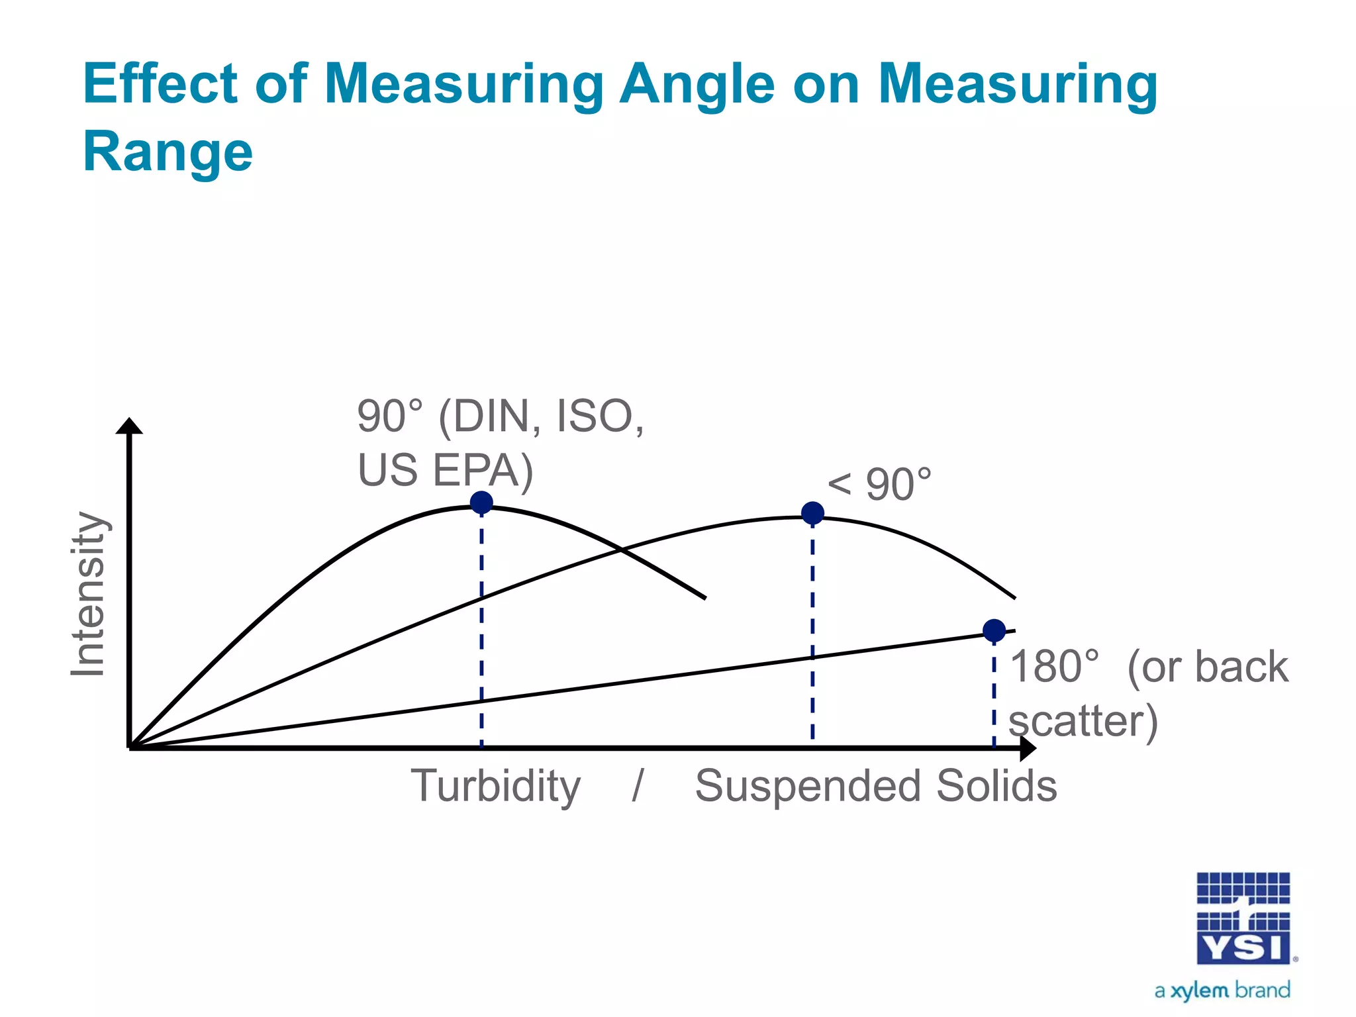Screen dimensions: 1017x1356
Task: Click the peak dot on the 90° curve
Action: [x=481, y=503]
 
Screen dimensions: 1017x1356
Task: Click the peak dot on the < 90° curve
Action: [x=812, y=513]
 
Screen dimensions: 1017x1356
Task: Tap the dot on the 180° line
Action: [x=994, y=630]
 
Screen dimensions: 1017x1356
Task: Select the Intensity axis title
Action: [x=88, y=595]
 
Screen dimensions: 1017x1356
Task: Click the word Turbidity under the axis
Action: [x=495, y=786]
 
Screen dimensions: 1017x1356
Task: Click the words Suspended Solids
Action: [x=875, y=786]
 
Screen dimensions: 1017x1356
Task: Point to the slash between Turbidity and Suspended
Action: [x=638, y=786]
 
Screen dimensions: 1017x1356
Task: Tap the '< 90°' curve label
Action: [x=880, y=485]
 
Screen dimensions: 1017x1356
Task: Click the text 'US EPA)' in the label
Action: [x=445, y=471]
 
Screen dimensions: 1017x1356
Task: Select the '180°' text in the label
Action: [x=1055, y=667]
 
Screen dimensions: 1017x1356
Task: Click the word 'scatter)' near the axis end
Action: [x=1083, y=721]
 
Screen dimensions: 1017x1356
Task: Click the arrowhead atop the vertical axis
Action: [x=129, y=426]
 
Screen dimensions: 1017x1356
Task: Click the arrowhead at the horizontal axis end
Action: [x=1028, y=748]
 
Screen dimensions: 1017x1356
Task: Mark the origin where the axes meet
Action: [x=130, y=748]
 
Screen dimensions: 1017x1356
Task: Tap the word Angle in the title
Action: [x=697, y=84]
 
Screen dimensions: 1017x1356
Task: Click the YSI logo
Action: [x=1243, y=918]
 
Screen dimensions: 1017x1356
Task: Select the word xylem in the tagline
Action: [x=1199, y=991]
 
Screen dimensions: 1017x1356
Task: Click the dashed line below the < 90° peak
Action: [x=812, y=629]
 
